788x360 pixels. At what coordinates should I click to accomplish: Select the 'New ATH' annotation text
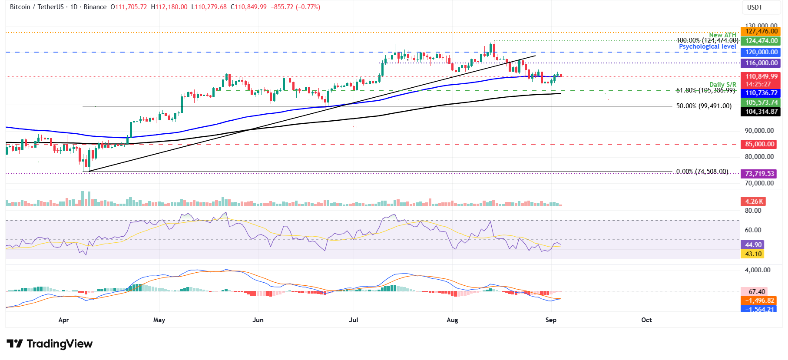[722, 35]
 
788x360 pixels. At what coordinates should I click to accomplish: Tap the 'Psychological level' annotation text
[707, 46]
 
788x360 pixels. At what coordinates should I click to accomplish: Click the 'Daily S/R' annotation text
[722, 85]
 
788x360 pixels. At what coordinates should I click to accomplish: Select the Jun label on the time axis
[258, 320]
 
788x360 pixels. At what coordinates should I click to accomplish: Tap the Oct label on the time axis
[646, 320]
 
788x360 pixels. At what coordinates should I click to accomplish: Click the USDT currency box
[755, 7]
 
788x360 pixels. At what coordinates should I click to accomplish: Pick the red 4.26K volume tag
[753, 201]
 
